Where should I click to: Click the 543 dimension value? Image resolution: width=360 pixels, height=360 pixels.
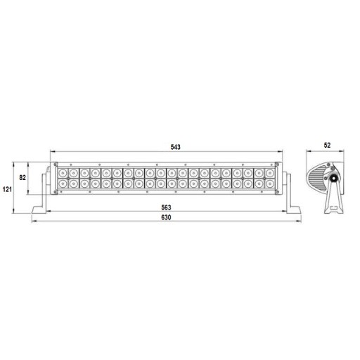point(176,147)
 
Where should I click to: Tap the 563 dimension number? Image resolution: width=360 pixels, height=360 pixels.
point(166,207)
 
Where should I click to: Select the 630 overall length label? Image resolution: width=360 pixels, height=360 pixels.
point(166,217)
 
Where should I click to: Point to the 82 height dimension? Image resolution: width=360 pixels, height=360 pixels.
point(22,178)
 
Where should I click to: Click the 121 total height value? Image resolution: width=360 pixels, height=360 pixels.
point(7,189)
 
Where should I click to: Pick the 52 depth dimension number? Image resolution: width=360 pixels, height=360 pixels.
point(327,146)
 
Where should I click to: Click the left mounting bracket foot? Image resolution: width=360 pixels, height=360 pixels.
point(40,210)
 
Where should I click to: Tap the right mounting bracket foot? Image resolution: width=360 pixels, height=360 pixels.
point(293,210)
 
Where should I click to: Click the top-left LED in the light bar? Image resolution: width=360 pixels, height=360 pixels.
point(63,174)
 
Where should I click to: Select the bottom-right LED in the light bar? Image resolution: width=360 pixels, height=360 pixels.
point(270,184)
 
